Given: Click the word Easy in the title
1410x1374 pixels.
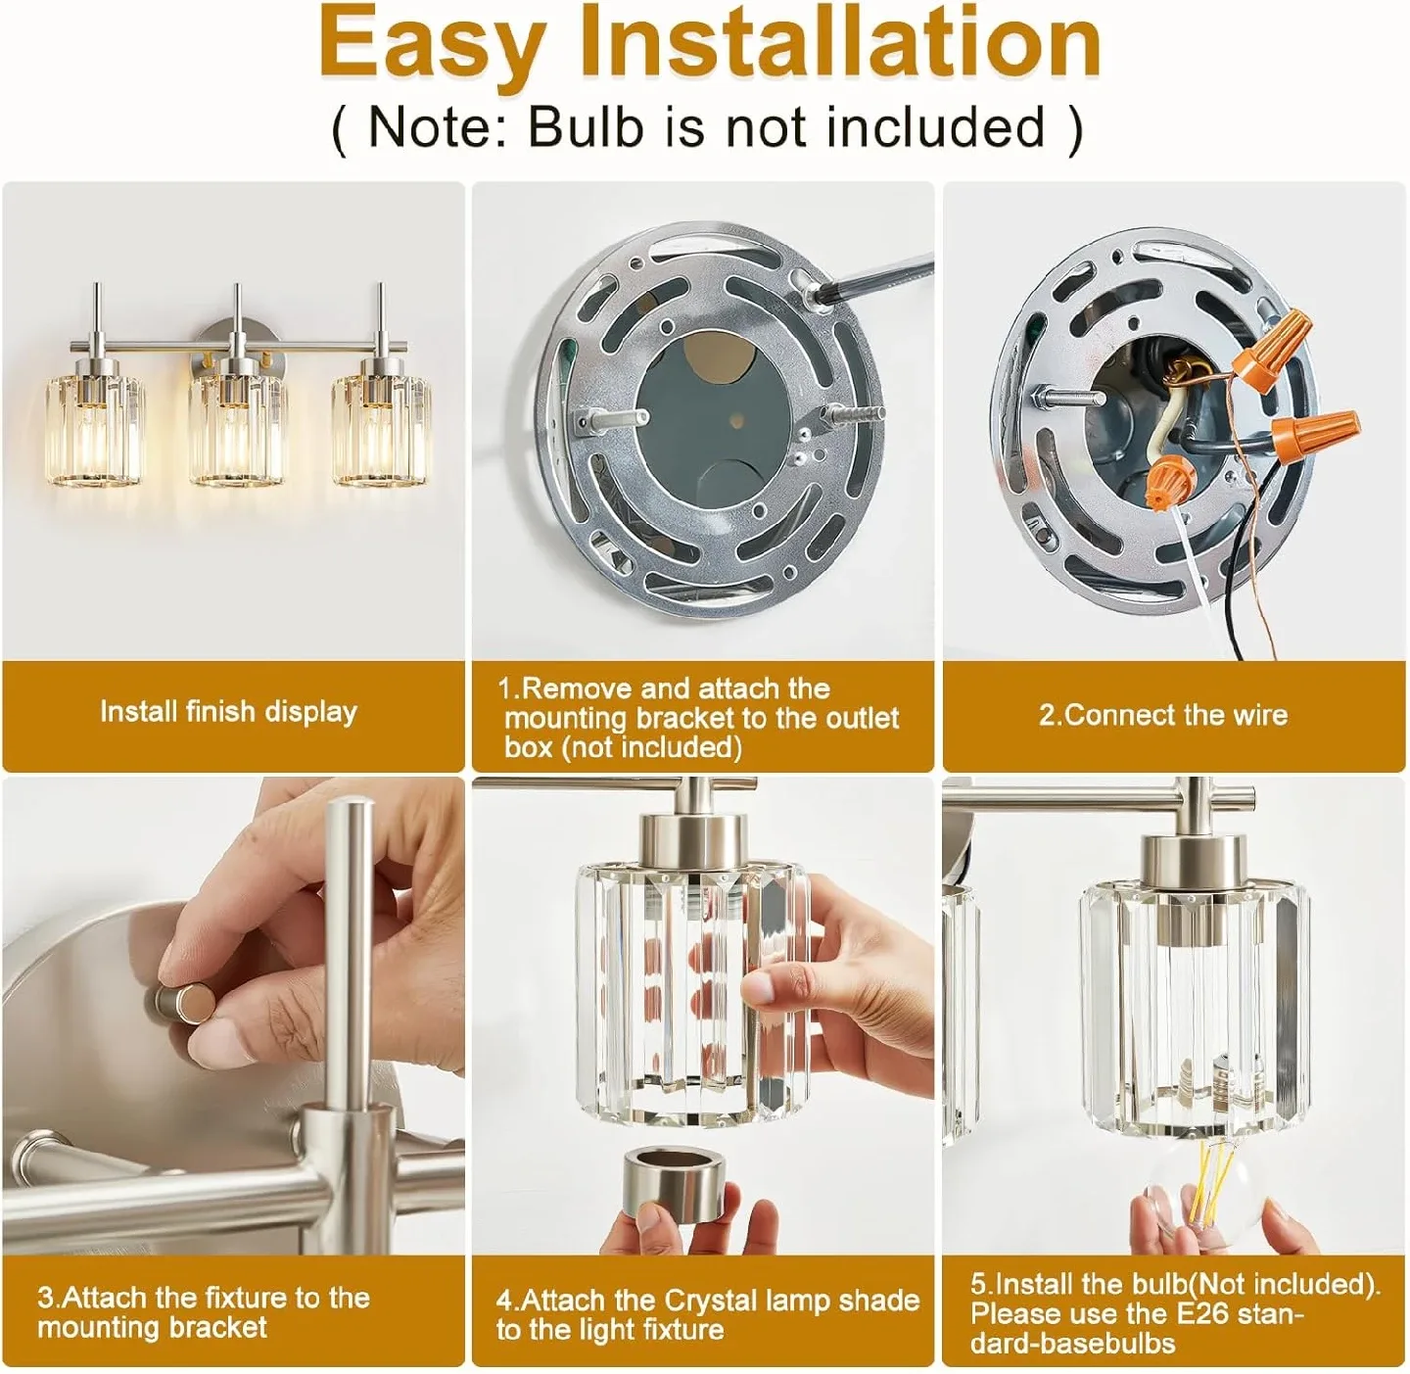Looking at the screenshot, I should [431, 43].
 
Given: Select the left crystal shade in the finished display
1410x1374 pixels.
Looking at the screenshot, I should [95, 431].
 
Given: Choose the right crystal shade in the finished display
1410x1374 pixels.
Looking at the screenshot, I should [381, 431].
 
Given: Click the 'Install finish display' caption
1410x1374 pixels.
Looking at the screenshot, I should [228, 712].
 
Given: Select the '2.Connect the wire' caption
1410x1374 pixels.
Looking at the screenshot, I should [1163, 715].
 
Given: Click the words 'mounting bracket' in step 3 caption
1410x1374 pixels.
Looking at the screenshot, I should [152, 1328].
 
